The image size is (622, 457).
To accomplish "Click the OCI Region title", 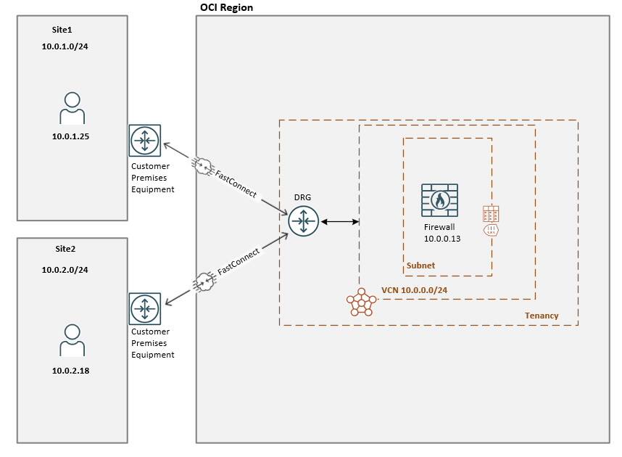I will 226,7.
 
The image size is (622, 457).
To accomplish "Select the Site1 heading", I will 63,30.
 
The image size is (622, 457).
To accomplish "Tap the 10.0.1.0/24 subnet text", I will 70,46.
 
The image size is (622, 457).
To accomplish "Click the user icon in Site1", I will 72,109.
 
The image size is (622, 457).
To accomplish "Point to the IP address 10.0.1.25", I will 70,136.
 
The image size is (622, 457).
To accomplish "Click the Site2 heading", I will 65,249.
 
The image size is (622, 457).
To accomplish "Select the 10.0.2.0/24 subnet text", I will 70,269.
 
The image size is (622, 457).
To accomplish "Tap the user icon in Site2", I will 72,340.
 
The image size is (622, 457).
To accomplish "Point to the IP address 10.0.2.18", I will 70,370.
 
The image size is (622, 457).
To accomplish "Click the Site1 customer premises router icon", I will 145,141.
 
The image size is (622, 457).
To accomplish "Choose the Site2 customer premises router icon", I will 145,308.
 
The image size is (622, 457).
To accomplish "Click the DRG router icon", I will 303,221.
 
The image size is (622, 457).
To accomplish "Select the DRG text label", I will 302,197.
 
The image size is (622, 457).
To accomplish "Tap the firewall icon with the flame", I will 439,200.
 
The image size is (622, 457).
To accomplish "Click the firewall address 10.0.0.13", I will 442,238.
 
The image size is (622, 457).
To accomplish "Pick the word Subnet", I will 420,265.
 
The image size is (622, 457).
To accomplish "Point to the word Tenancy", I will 542,316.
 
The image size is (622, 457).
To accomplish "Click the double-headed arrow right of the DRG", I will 340,221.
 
